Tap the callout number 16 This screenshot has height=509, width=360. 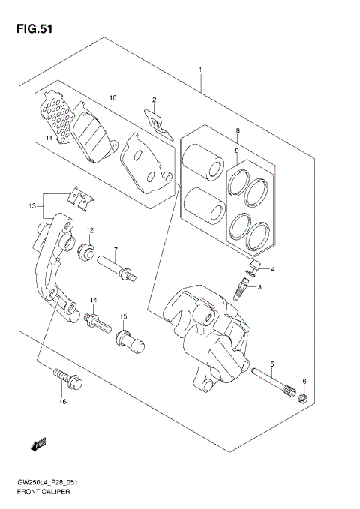(63, 403)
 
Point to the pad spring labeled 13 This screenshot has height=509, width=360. (79, 198)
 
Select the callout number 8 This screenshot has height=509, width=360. (237, 131)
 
